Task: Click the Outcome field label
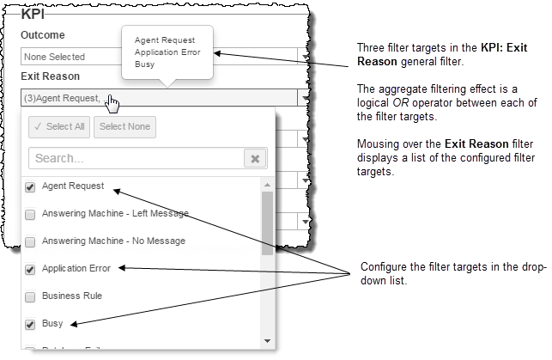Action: point(43,35)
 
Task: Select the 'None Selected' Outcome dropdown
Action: point(69,57)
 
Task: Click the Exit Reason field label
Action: point(51,76)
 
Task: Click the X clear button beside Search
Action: point(255,158)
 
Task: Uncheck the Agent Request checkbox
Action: point(31,186)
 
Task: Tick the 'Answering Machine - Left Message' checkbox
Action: point(31,214)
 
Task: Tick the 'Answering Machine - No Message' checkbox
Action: point(31,241)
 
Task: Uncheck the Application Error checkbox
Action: point(31,269)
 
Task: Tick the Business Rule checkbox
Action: point(31,296)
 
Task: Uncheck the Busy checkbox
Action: point(31,324)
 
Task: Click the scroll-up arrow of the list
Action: point(267,185)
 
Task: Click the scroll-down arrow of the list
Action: point(267,340)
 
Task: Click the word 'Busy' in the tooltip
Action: point(145,64)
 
